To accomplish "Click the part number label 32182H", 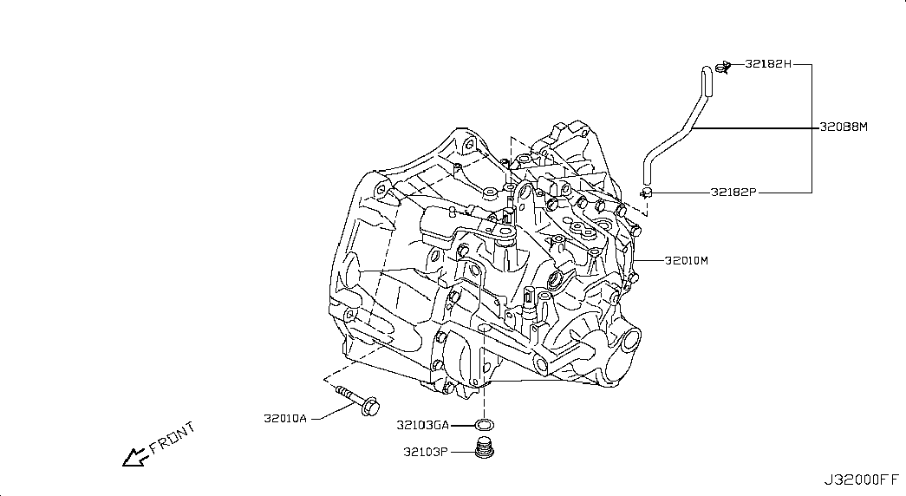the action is (768, 64).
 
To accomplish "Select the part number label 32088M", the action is (844, 127).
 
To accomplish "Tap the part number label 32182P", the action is (733, 193).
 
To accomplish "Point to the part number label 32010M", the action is (687, 261).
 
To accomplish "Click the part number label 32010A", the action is (285, 419).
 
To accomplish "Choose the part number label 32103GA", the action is (422, 426).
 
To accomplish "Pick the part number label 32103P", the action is (426, 452).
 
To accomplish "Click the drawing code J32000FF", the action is (862, 480).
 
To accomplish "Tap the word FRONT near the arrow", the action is (173, 438).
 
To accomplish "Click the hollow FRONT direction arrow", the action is (136, 457).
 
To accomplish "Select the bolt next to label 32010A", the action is (358, 400).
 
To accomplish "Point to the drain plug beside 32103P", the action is (484, 449).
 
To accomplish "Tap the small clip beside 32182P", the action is (646, 192).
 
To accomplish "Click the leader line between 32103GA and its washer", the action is (462, 426).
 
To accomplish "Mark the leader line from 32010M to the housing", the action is (649, 261).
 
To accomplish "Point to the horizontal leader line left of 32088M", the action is (756, 127).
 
